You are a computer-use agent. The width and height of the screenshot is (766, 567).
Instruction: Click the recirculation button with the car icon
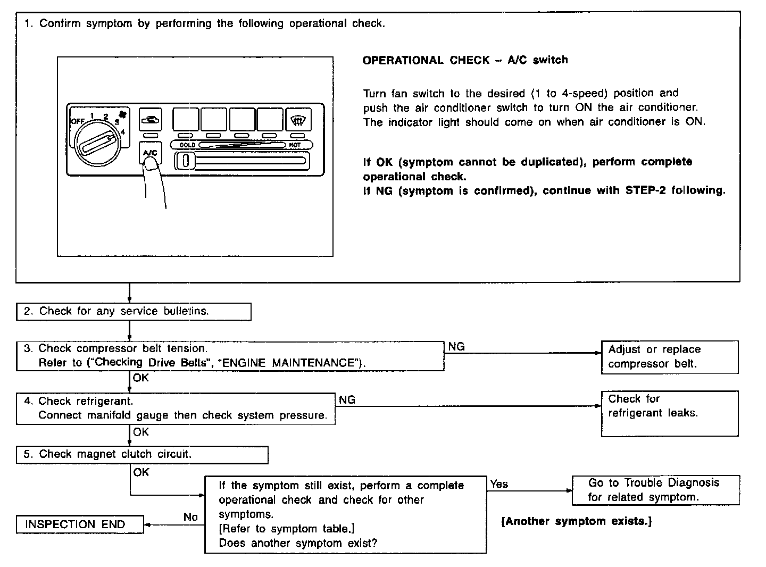150,119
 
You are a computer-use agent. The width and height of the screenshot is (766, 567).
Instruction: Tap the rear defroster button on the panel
298,120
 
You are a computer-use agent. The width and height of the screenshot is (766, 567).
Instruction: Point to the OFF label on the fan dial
78,121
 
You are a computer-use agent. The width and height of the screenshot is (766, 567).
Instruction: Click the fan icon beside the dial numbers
123,114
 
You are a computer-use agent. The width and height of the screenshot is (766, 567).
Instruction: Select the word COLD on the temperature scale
187,145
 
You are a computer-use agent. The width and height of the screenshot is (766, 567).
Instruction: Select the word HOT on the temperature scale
294,145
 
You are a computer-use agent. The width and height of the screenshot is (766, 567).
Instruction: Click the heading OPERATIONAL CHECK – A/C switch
465,61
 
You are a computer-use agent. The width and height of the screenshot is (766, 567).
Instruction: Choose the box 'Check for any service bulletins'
134,312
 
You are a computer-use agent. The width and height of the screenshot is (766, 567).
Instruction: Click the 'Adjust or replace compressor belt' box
669,357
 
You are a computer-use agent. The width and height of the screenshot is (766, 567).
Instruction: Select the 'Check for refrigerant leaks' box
669,413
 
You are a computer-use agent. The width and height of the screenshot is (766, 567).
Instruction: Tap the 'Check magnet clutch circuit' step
142,454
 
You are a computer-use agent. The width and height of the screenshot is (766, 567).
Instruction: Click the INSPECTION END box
80,524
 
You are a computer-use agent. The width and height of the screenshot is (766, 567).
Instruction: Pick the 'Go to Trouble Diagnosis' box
655,490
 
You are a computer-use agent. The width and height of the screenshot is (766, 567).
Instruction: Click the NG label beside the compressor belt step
456,347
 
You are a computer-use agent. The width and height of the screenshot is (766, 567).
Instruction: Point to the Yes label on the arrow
499,484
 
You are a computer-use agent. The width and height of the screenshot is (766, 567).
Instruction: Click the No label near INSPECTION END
190,517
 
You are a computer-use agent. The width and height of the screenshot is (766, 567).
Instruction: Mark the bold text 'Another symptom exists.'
577,521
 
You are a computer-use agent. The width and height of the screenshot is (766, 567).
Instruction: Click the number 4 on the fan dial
123,132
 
